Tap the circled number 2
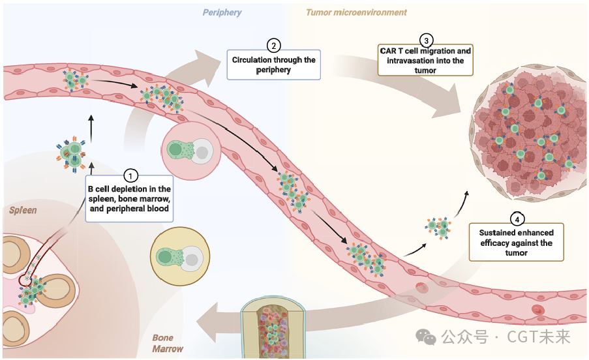point(274,45)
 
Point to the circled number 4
point(516,218)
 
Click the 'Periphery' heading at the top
point(221,12)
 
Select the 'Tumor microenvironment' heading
point(356,12)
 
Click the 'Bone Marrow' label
point(168,343)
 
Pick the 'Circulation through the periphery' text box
point(274,65)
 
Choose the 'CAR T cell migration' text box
point(425,61)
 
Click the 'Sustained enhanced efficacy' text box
point(516,243)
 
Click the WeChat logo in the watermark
point(427,337)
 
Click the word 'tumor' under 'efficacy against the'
point(516,252)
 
